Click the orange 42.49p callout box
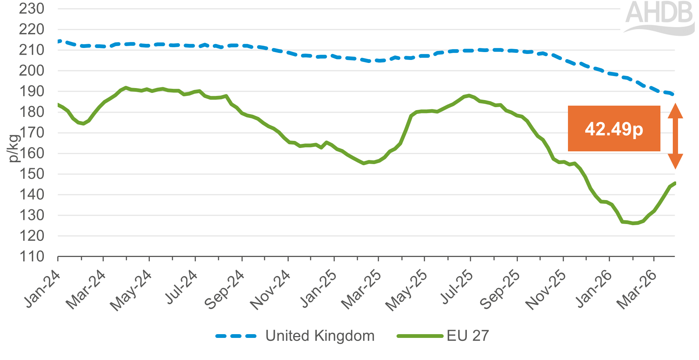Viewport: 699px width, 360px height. tap(614, 128)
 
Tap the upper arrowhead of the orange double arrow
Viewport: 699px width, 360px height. tap(675, 111)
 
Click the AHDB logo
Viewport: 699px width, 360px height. tap(659, 17)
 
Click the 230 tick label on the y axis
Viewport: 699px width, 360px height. tap(31, 9)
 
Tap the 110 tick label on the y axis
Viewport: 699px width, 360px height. tap(31, 257)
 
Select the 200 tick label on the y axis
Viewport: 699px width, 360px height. tap(31, 70)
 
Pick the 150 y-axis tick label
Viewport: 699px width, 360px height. tap(31, 174)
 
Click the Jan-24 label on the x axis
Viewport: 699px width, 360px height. tap(42, 289)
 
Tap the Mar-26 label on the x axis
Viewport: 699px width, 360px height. tap(637, 290)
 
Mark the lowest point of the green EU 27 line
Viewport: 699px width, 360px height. tap(633, 223)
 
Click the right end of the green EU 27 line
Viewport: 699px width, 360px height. tap(675, 183)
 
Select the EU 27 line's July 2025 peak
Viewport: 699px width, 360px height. tap(469, 96)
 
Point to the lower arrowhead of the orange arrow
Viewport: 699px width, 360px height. tap(675, 162)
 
